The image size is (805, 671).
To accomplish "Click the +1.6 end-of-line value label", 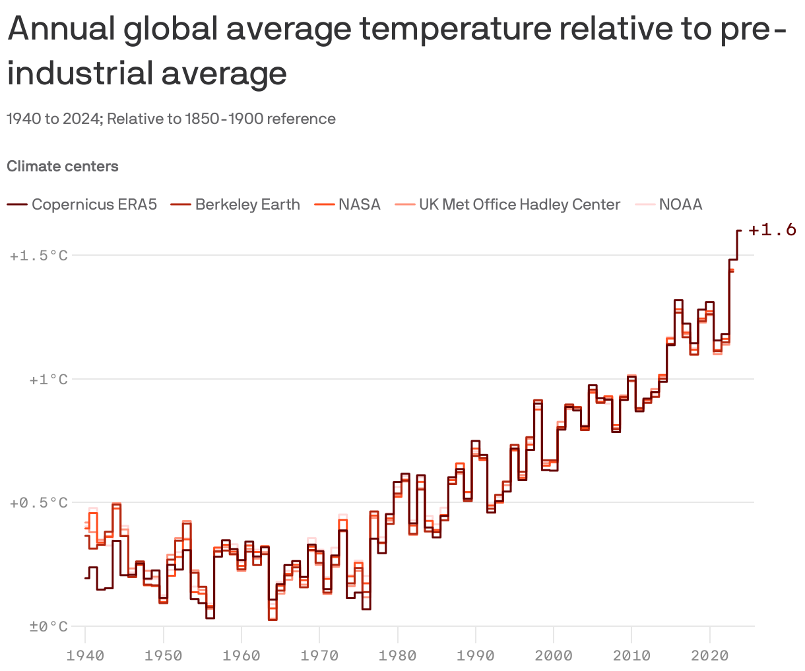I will coord(772,230).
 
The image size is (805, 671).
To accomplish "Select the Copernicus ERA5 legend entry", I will coord(94,204).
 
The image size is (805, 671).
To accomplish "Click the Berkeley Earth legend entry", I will coord(247,204).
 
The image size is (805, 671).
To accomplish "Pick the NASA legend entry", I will coord(359,204).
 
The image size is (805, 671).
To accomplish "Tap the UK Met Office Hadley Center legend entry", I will coord(519,204).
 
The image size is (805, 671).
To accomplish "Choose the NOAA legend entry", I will coord(680,204).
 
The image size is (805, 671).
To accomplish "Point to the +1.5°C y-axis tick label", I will coord(39,255).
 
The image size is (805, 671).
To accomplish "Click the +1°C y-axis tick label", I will coord(48,380).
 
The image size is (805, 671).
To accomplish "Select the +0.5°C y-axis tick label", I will coord(39,503).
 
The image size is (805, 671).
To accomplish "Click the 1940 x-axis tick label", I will coord(86,656).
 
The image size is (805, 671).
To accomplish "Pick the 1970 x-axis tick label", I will coord(319,656).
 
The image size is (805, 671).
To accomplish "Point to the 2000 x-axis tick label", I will coord(554,656).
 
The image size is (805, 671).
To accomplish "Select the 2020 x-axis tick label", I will coord(709,656).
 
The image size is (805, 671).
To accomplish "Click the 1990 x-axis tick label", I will coord(476,656).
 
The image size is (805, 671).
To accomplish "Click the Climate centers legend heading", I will coord(63,166).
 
